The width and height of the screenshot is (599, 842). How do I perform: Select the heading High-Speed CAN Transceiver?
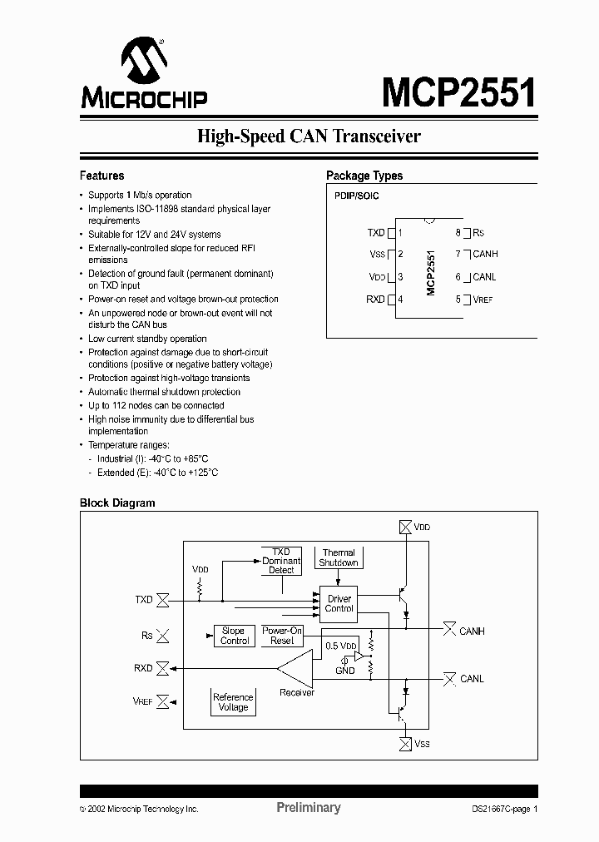tap(309, 136)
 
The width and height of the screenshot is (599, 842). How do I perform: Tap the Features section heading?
tap(101, 176)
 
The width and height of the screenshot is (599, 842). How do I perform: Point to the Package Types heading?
tap(364, 176)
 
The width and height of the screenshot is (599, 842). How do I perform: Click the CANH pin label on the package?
tap(485, 255)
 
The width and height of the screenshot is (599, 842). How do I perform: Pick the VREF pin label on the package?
tap(483, 300)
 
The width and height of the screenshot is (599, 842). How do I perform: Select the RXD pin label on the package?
tap(375, 300)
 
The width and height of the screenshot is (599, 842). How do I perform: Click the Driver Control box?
tap(339, 604)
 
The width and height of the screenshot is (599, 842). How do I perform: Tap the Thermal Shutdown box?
tap(339, 557)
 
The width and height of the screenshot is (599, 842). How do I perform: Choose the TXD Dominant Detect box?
tap(281, 561)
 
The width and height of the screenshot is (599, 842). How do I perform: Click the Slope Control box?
tap(235, 636)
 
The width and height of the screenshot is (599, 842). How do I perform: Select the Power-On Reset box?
tap(282, 636)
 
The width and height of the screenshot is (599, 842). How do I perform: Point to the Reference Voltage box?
tap(233, 702)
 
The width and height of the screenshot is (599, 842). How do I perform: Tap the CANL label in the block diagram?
tap(472, 679)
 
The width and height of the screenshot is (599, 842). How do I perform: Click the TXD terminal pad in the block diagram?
tap(164, 599)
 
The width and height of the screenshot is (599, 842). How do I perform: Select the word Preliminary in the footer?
tap(308, 808)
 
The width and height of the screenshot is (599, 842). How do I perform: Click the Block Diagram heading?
tap(117, 503)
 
